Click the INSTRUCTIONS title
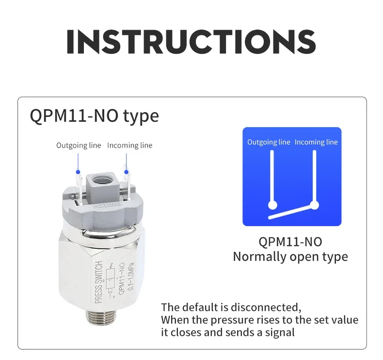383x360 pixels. [x=191, y=42]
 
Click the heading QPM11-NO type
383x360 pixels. [x=94, y=116]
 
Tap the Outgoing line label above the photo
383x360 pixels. [x=79, y=146]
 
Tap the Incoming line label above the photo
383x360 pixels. [x=130, y=146]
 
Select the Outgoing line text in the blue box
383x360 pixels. [x=269, y=142]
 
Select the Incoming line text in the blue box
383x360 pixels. [x=316, y=142]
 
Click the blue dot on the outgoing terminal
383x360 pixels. [x=78, y=172]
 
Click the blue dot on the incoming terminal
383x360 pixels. [x=126, y=172]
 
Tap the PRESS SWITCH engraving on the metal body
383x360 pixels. [x=98, y=282]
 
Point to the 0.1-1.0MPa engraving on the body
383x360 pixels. [x=131, y=277]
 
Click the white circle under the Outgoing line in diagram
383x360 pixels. [x=272, y=205]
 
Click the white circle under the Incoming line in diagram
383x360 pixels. [x=314, y=205]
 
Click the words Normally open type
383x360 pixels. [x=290, y=257]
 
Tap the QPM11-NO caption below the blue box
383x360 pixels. [x=290, y=242]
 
